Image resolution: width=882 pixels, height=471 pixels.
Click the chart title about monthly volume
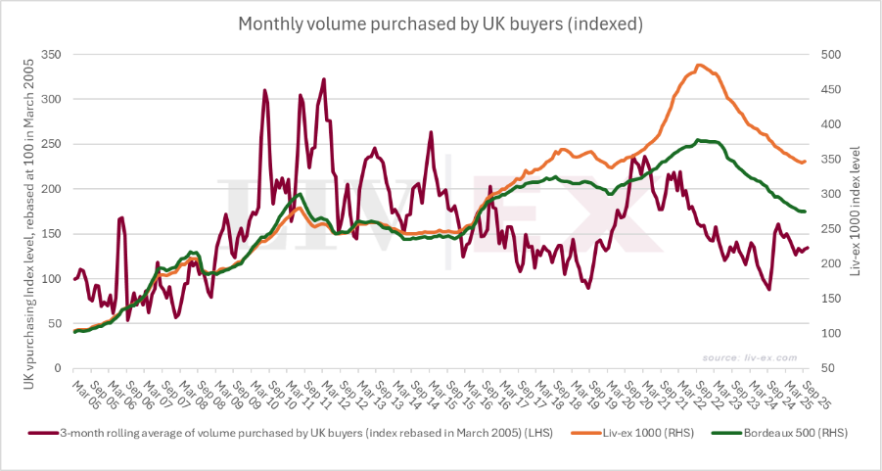click(441, 23)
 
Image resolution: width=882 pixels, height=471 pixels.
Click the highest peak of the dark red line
click(323, 79)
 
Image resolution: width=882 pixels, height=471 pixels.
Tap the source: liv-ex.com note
click(758, 357)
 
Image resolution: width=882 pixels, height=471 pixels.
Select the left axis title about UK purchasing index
click(28, 212)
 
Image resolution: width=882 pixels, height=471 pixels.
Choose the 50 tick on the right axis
click(827, 369)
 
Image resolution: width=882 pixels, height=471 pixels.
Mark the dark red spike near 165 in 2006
click(120, 217)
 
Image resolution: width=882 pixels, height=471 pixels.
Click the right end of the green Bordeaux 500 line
click(805, 212)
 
